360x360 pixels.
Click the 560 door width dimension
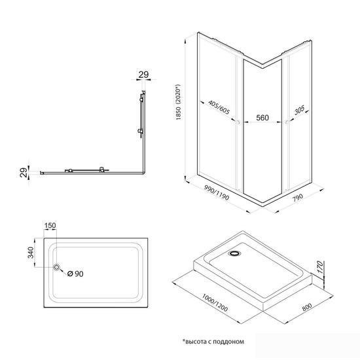tap(262, 118)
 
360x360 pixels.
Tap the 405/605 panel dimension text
tap(219, 107)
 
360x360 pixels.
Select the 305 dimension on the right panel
tap(299, 110)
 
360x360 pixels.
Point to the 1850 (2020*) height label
tap(179, 102)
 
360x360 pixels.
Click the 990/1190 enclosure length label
tap(217, 192)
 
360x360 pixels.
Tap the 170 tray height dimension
tap(319, 267)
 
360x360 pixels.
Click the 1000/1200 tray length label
tap(215, 303)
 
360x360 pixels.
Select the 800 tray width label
tap(307, 307)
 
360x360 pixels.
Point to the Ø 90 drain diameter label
tap(75, 274)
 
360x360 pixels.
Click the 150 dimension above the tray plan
tap(50, 226)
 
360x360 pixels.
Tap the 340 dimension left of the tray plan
tap(31, 253)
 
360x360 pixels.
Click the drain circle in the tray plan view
tap(56, 267)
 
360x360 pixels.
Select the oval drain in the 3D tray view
tap(234, 253)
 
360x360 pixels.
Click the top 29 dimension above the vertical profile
tap(144, 75)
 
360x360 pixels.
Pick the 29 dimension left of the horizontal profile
tap(23, 172)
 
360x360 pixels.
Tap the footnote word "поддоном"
tap(228, 342)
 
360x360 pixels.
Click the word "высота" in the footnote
tap(194, 342)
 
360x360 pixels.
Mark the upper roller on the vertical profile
tap(141, 99)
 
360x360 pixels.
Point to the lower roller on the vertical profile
tap(141, 131)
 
